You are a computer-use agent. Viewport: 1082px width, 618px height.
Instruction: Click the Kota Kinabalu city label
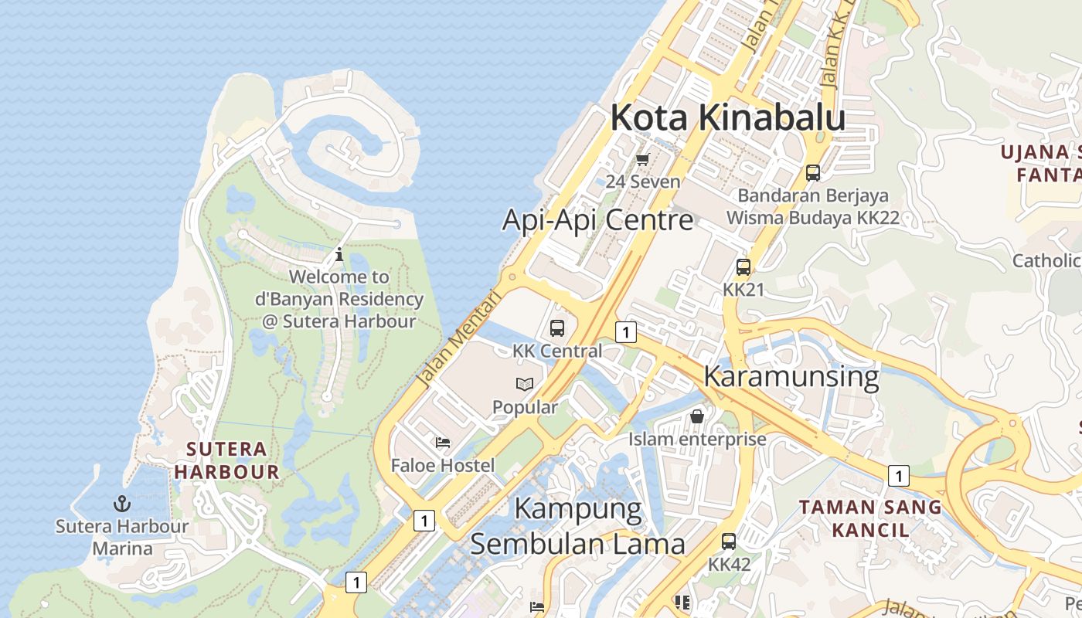click(x=727, y=118)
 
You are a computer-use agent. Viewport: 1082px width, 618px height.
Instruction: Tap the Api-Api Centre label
click(x=597, y=220)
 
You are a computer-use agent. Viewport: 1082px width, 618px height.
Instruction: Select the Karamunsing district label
click(x=791, y=376)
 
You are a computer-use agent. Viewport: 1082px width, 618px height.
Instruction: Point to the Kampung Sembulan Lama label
click(x=578, y=527)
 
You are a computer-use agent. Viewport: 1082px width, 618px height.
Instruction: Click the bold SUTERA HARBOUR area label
click(x=226, y=460)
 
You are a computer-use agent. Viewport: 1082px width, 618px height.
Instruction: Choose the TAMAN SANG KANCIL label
click(x=870, y=518)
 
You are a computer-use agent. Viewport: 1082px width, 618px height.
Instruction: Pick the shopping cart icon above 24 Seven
click(x=642, y=160)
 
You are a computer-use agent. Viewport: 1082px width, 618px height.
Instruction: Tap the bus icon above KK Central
click(x=557, y=328)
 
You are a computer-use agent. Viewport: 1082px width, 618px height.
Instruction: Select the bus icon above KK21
click(x=743, y=268)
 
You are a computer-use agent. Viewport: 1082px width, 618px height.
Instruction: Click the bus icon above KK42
click(x=729, y=542)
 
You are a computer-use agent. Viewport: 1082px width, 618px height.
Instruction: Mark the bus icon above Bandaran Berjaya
click(x=813, y=173)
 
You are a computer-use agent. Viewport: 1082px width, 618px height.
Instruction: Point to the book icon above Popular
click(x=525, y=384)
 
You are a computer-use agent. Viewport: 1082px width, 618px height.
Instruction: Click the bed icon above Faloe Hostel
click(x=443, y=443)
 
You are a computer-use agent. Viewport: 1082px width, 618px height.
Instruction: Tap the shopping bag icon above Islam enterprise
click(x=697, y=416)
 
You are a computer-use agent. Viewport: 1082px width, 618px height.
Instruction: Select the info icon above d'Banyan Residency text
click(x=339, y=254)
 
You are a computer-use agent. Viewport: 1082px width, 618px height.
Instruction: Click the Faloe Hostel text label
click(x=442, y=466)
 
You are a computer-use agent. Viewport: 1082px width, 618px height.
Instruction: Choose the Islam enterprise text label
click(x=697, y=440)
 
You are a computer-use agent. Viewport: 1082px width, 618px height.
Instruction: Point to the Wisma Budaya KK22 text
click(x=813, y=218)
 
